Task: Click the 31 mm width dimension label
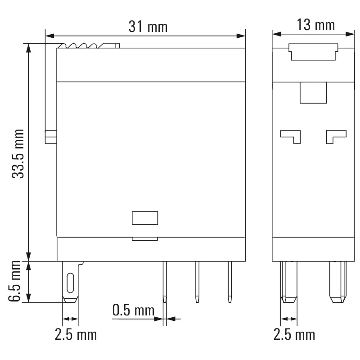[148, 27]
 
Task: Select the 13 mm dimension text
[316, 25]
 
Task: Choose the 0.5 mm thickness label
[133, 310]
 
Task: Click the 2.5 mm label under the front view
[76, 335]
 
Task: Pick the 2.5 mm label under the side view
[294, 335]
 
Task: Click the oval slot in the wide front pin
[70, 282]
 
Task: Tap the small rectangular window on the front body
[145, 218]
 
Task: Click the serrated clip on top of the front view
[89, 46]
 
